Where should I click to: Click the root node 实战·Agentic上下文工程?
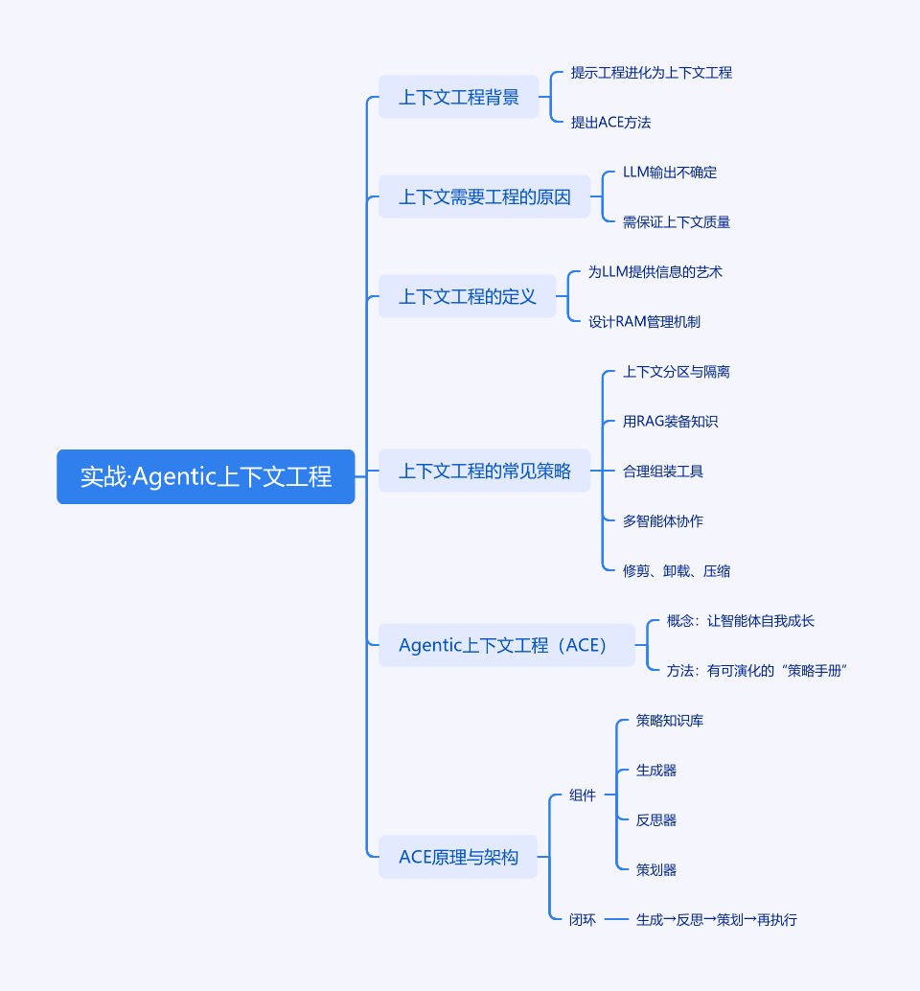205,476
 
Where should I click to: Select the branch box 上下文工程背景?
458,97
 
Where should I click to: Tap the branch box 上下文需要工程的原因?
484,196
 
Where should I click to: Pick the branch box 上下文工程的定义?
467,296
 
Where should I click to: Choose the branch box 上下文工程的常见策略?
484,471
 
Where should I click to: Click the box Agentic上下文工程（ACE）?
506,645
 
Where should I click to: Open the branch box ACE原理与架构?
458,857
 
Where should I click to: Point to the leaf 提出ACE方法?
610,122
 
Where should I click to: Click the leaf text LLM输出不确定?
669,173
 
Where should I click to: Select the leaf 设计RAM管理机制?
644,321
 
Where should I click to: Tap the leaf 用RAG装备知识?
670,421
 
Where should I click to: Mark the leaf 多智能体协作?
662,520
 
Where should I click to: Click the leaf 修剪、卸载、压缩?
676,570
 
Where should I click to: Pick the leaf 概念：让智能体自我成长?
740,620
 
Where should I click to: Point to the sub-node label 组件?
582,795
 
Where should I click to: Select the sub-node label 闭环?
582,919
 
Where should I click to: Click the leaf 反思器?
655,819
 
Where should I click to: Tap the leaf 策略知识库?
669,720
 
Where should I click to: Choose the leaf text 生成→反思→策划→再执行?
716,919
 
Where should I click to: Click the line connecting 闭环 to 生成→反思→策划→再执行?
616,919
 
